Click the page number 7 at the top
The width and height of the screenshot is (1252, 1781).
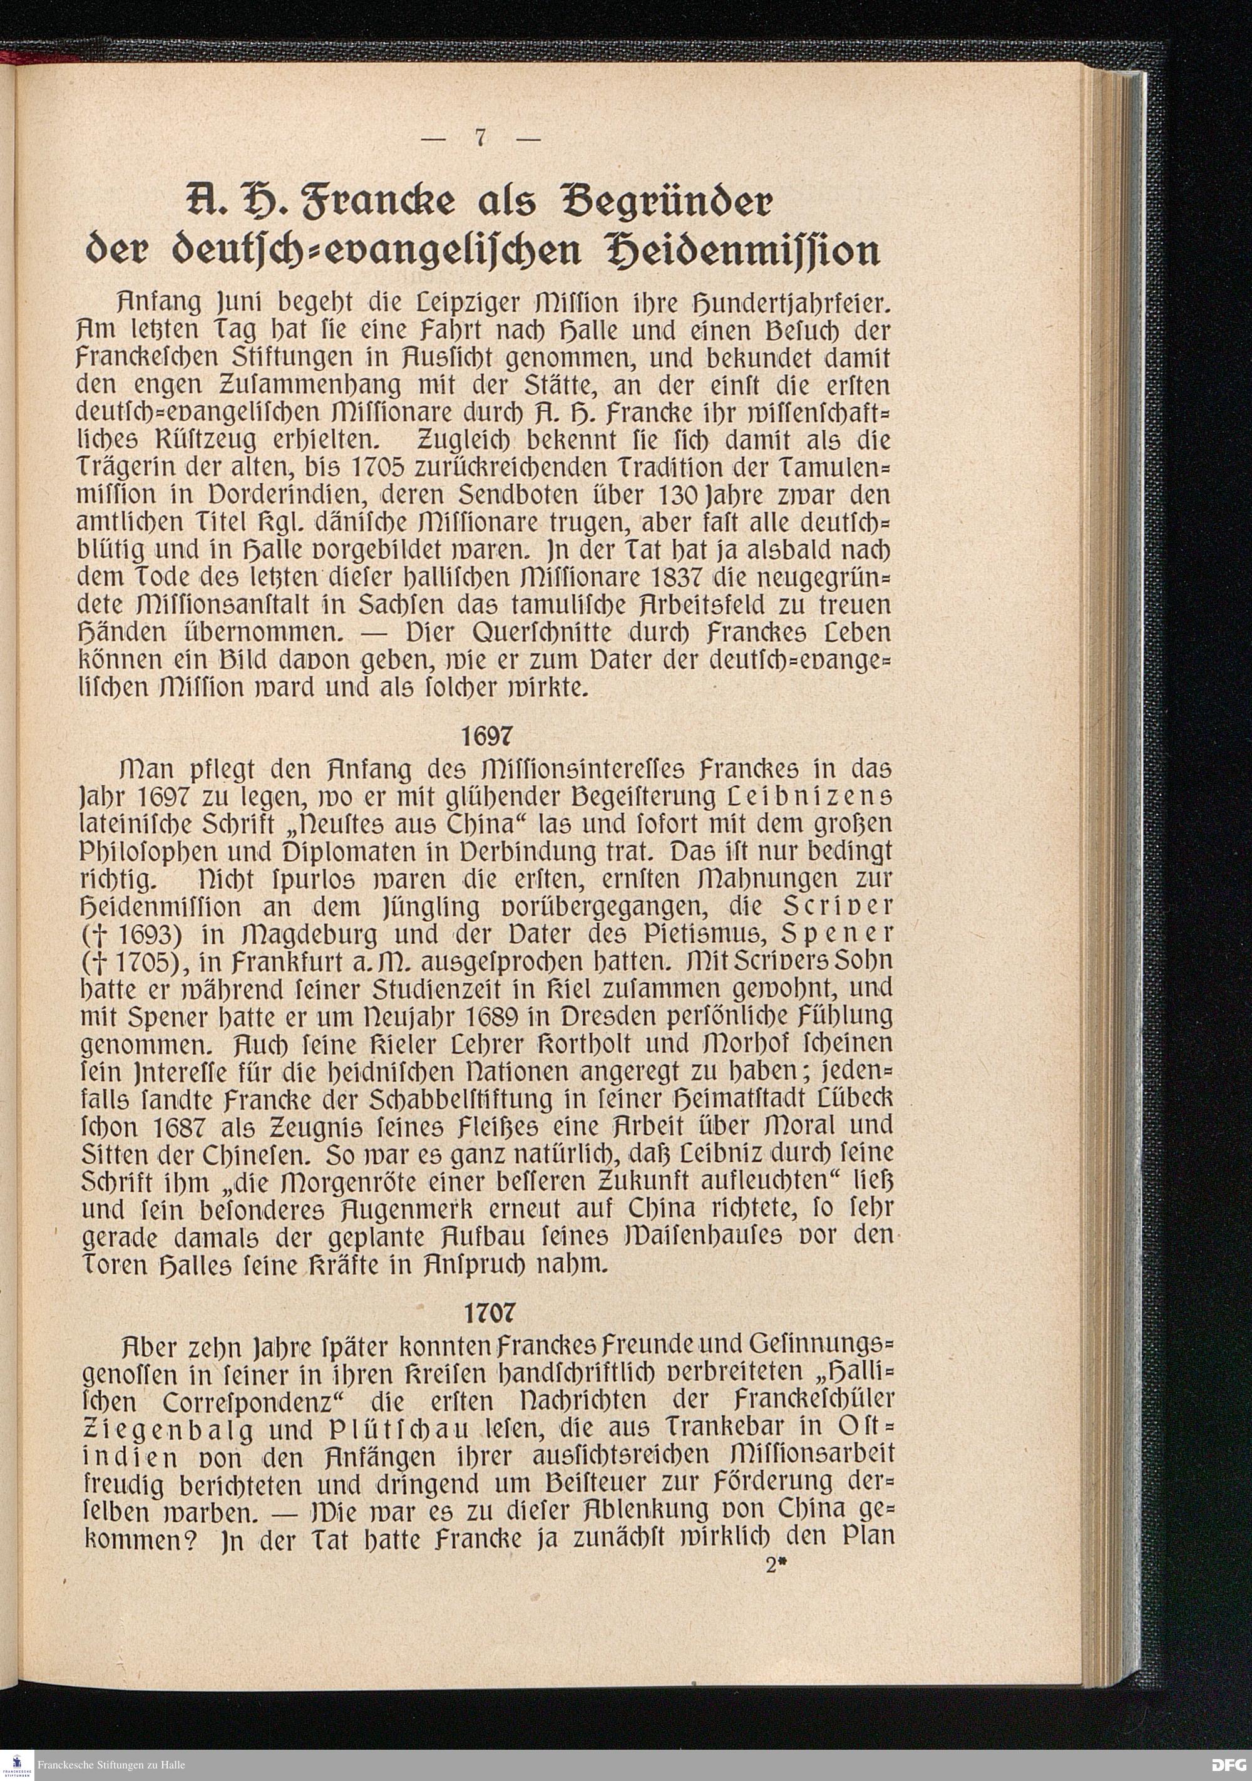coord(481,138)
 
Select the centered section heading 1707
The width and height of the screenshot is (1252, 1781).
coord(488,1313)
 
